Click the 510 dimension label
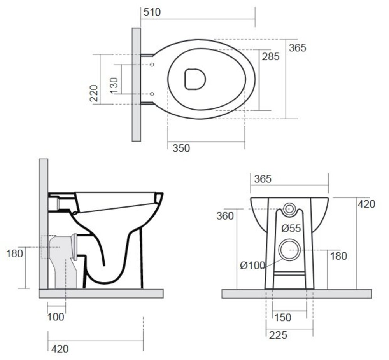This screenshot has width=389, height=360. pyautogui.click(x=152, y=12)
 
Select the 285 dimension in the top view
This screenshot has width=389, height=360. pyautogui.click(x=271, y=57)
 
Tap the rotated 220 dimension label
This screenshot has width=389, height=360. pyautogui.click(x=94, y=93)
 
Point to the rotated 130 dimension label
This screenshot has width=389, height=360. pyautogui.click(x=114, y=86)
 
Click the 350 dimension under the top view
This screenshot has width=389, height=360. pyautogui.click(x=181, y=148)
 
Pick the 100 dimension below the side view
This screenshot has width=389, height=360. pyautogui.click(x=56, y=316)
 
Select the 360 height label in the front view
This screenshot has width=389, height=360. pyautogui.click(x=225, y=216)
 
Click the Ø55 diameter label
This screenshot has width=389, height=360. pyautogui.click(x=291, y=228)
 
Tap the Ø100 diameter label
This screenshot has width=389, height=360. pyautogui.click(x=252, y=266)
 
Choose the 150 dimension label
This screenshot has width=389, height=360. pyautogui.click(x=283, y=317)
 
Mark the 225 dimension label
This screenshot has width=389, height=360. pyautogui.click(x=278, y=335)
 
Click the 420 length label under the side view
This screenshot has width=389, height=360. pyautogui.click(x=60, y=349)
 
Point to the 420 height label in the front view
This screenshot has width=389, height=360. pyautogui.click(x=366, y=204)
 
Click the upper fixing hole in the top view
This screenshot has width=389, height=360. pyautogui.click(x=152, y=65)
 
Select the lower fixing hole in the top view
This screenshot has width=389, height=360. pyautogui.click(x=152, y=94)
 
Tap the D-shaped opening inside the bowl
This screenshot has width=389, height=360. pyautogui.click(x=195, y=79)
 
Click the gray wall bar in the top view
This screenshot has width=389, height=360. pyautogui.click(x=136, y=84)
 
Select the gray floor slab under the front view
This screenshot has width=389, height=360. pyautogui.click(x=297, y=294)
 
